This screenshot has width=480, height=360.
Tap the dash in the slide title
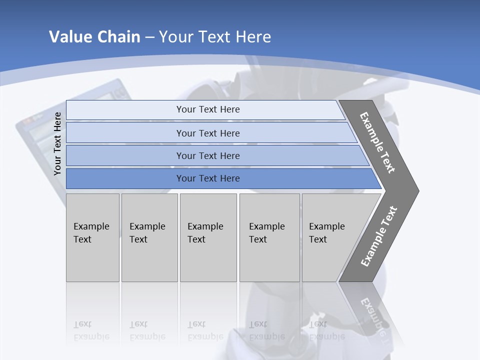pyautogui.click(x=149, y=37)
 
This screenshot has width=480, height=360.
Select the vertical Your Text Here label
pyautogui.click(x=57, y=143)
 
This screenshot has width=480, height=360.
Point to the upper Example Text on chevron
pyautogui.click(x=377, y=142)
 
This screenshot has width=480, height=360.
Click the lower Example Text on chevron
pyautogui.click(x=378, y=236)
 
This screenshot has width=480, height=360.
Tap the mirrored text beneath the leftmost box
pyautogui.click(x=91, y=330)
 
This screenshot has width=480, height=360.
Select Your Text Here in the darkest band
pyautogui.click(x=208, y=178)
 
